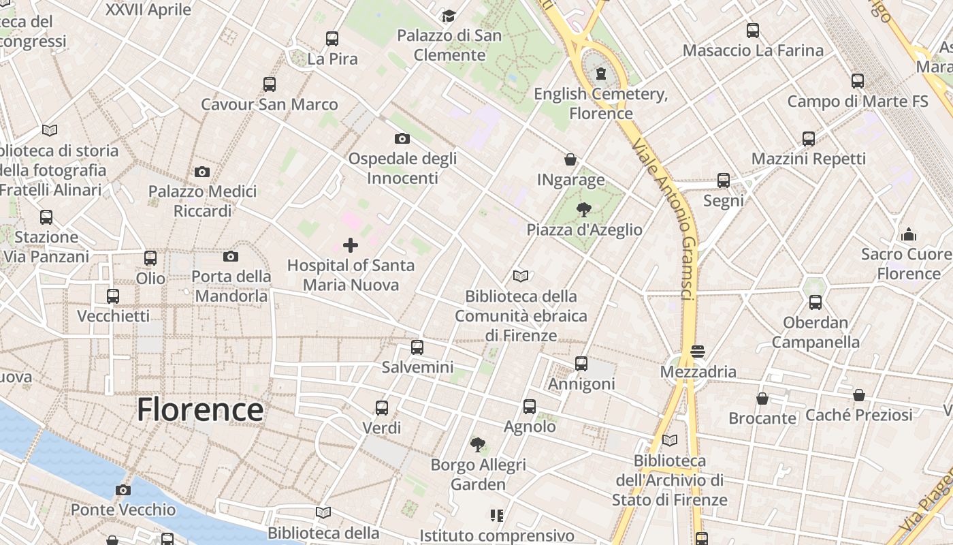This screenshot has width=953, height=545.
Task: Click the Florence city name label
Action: pyautogui.click(x=200, y=409)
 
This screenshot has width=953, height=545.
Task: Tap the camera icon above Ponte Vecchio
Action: pyautogui.click(x=123, y=490)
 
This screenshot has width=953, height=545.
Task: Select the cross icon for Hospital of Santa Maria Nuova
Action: pyautogui.click(x=351, y=245)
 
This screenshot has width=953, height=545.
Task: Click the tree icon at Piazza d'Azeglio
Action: pyautogui.click(x=583, y=209)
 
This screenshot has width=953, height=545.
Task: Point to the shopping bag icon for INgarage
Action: pyautogui.click(x=570, y=159)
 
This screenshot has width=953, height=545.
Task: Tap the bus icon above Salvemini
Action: pyautogui.click(x=417, y=347)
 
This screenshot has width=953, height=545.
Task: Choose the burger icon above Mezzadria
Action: pyautogui.click(x=698, y=352)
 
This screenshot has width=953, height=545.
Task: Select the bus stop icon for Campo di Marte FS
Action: pyautogui.click(x=858, y=81)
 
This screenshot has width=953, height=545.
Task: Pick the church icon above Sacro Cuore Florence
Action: pyautogui.click(x=909, y=235)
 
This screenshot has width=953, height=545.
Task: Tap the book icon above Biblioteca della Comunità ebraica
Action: pyautogui.click(x=521, y=276)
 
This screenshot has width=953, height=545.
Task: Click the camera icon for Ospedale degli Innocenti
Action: pyautogui.click(x=402, y=139)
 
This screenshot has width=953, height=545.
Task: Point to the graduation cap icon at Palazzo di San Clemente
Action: pyautogui.click(x=449, y=16)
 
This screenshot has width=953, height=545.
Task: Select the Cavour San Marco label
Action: pyautogui.click(x=270, y=104)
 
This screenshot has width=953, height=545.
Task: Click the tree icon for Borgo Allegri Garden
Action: pyautogui.click(x=479, y=445)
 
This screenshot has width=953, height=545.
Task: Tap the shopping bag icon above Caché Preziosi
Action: pyautogui.click(x=859, y=395)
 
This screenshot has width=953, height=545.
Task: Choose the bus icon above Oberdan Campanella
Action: pyautogui.click(x=815, y=302)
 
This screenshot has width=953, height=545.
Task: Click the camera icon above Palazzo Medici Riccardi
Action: pyautogui.click(x=202, y=172)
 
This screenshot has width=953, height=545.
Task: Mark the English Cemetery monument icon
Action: pyautogui.click(x=601, y=73)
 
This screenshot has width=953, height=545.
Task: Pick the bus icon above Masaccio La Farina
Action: pyautogui.click(x=753, y=31)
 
